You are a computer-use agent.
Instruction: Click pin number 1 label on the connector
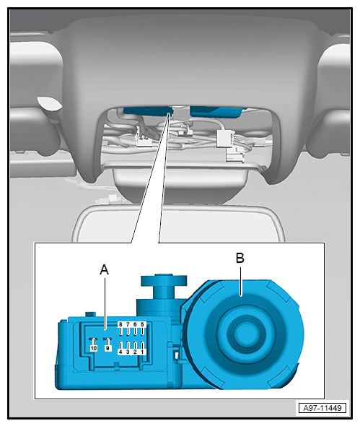142,352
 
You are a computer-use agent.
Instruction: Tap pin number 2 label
135,352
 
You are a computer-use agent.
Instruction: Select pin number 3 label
128,352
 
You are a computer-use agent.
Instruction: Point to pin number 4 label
120,352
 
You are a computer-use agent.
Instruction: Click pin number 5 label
142,324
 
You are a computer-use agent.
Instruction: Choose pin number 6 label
135,324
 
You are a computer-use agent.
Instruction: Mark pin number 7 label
128,324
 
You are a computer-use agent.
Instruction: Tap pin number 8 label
120,324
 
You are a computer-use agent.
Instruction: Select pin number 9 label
107,348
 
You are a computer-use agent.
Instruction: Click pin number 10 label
94,348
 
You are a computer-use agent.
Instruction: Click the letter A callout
105,270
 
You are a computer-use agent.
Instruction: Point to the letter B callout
240,258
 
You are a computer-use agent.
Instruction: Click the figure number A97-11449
322,408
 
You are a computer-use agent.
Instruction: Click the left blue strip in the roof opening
148,111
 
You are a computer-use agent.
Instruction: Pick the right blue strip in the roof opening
216,112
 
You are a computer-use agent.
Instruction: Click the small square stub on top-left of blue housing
91,314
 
